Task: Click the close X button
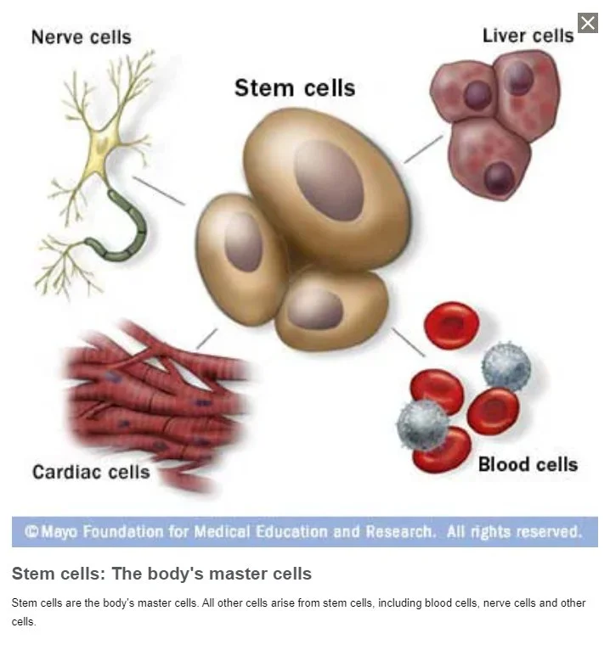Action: [588, 23]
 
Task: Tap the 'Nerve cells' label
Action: [81, 37]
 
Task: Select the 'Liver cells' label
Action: [528, 36]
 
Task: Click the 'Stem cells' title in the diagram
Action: [294, 87]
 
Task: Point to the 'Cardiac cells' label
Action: [91, 471]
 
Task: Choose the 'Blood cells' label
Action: [528, 464]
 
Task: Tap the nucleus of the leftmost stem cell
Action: [244, 242]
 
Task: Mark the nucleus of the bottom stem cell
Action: [315, 308]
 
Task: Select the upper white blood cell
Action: [506, 367]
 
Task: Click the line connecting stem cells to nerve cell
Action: [159, 190]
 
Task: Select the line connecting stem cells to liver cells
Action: [422, 148]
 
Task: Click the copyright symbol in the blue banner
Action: [31, 532]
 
